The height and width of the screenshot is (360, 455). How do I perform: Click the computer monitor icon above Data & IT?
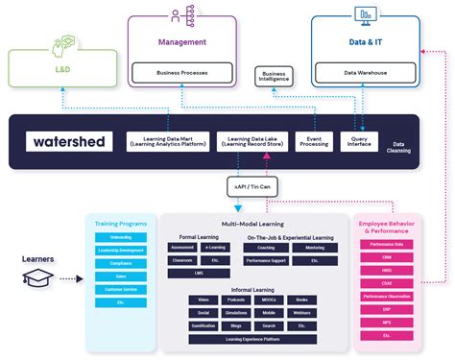pyautogui.click(x=363, y=15)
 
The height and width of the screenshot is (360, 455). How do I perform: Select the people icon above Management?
pyautogui.click(x=180, y=15)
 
